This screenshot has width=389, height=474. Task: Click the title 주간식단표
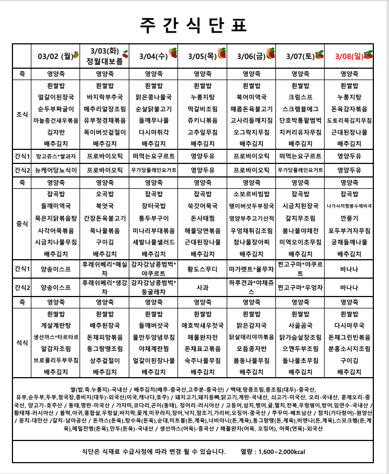[x=194, y=24]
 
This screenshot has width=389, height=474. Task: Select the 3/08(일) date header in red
[x=349, y=55]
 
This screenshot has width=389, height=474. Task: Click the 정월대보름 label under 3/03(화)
[x=106, y=61]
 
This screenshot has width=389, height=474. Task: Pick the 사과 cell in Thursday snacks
[x=202, y=288]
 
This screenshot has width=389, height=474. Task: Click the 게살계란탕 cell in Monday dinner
[x=55, y=325]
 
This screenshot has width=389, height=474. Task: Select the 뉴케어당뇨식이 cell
[x=55, y=170]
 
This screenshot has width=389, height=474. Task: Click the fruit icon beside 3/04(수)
[x=173, y=53]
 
